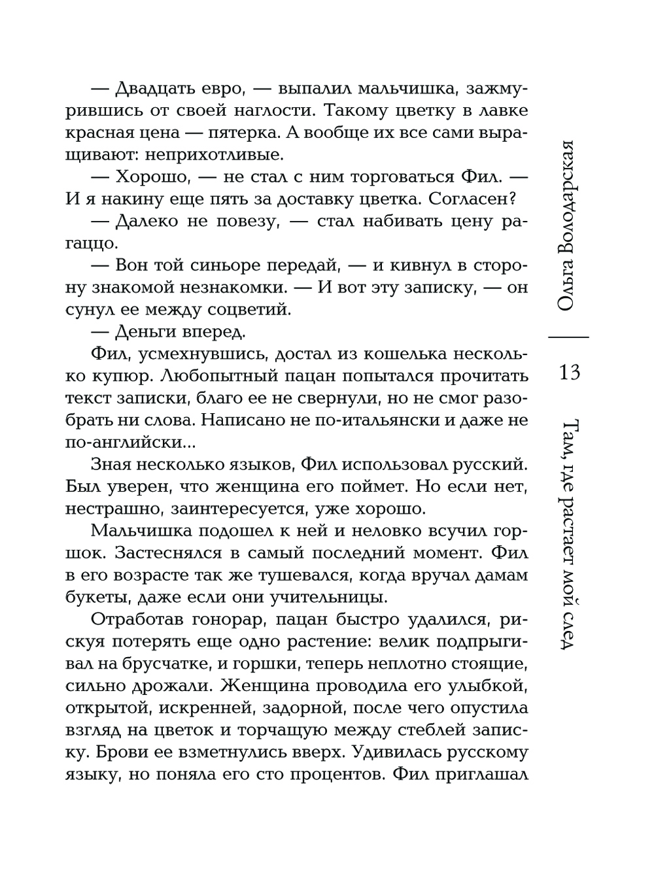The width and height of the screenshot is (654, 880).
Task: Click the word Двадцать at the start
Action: pyautogui.click(x=148, y=89)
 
